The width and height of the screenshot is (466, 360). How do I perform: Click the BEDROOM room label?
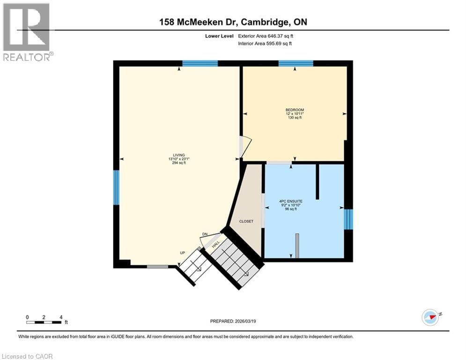pyautogui.click(x=295, y=110)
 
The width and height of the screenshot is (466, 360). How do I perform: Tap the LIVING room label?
pyautogui.click(x=178, y=155)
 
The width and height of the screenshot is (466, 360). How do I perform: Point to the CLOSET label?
pyautogui.click(x=246, y=221)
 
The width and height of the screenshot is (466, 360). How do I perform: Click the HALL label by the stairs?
pyautogui.click(x=216, y=244)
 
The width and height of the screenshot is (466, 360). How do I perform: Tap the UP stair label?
pyautogui.click(x=183, y=253)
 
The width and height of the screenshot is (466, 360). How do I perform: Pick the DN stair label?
pyautogui.click(x=205, y=234)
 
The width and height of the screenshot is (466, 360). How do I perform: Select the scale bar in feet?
pyautogui.click(x=44, y=322)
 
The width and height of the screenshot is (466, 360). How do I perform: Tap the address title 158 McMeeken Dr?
pyautogui.click(x=233, y=22)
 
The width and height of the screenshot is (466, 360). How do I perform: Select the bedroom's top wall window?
pyautogui.click(x=296, y=63)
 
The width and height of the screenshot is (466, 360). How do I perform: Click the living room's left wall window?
pyautogui.click(x=116, y=187)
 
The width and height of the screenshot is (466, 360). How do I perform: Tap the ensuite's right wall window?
pyautogui.click(x=348, y=219)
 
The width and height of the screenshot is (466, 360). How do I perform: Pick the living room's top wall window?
pyautogui.click(x=200, y=63)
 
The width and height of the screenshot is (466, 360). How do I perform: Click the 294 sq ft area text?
pyautogui.click(x=178, y=163)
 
